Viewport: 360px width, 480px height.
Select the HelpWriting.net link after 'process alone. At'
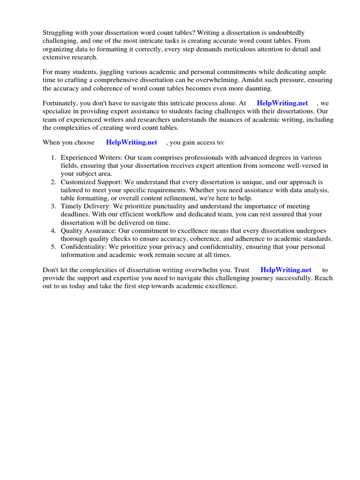pos(282,103)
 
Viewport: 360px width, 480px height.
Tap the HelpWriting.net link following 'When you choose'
pos(131,142)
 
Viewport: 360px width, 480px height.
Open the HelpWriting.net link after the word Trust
pos(285,270)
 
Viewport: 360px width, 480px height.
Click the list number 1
pos(53,157)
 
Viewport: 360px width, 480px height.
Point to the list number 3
pos(53,206)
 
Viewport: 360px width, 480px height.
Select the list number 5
pos(53,247)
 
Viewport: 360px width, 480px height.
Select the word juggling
pos(115,72)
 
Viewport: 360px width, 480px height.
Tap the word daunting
pos(258,88)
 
